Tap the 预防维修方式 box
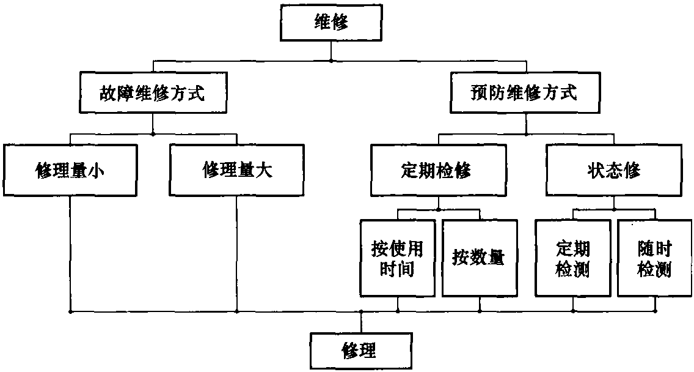click(525, 94)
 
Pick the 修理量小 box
click(70, 170)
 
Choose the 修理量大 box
click(236, 170)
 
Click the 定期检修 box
click(437, 170)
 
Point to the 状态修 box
click(613, 170)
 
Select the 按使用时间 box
click(397, 258)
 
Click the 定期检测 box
click(572, 258)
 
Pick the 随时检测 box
click(654, 258)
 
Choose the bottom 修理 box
click(359, 351)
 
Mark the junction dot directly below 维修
click(331, 61)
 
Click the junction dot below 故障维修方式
click(152, 133)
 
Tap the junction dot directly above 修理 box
click(360, 311)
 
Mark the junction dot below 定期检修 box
click(438, 209)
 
